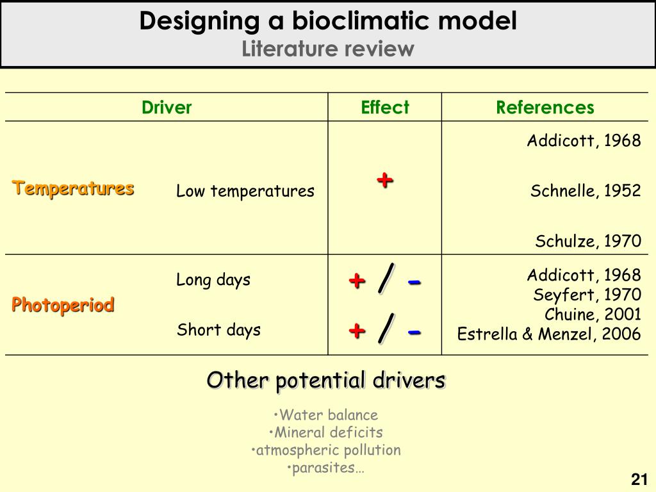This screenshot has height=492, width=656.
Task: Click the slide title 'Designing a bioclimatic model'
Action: (x=328, y=21)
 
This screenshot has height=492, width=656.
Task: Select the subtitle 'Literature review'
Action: (x=328, y=49)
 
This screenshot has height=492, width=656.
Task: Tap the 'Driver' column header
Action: (x=167, y=108)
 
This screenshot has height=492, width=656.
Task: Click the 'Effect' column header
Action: (x=384, y=108)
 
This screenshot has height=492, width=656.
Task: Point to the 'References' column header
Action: (x=545, y=108)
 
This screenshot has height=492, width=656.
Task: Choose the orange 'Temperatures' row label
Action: (x=73, y=188)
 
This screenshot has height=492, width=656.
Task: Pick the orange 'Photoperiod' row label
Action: (x=63, y=305)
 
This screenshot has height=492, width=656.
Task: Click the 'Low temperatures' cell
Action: (x=245, y=191)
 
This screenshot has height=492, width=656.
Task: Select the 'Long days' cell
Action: (x=213, y=280)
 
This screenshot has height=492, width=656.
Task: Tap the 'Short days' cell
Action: (x=218, y=330)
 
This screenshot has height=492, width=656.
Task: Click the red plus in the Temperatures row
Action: (x=384, y=180)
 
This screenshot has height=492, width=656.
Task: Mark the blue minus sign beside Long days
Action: (x=414, y=281)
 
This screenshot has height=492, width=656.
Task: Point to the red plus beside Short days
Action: (x=357, y=331)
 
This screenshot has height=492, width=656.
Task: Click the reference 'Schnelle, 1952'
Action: (x=586, y=191)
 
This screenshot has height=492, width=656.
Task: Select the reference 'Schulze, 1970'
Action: (x=588, y=241)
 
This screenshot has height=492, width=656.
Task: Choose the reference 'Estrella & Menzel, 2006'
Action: (x=549, y=334)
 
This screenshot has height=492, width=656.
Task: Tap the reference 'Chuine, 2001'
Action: (x=593, y=315)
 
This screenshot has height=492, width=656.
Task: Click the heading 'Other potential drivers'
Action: (x=326, y=380)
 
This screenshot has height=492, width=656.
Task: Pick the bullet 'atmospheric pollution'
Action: (x=326, y=450)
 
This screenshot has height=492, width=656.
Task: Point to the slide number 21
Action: (x=639, y=479)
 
